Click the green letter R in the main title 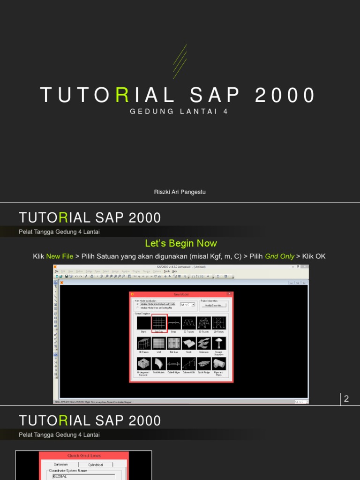pyautogui.click(x=122, y=95)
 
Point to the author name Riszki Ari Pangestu pyautogui.click(x=180, y=192)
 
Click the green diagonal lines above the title pyautogui.click(x=180, y=61)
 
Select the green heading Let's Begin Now pyautogui.click(x=181, y=243)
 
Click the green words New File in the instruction pyautogui.click(x=60, y=256)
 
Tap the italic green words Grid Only pyautogui.click(x=279, y=256)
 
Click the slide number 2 pyautogui.click(x=346, y=399)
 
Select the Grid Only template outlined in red pyautogui.click(x=159, y=323)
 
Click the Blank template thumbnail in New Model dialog pyautogui.click(x=143, y=323)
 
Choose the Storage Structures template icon pyautogui.click(x=219, y=344)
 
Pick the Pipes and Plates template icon pyautogui.click(x=219, y=364)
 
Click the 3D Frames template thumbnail pyautogui.click(x=143, y=344)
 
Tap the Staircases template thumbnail pyautogui.click(x=204, y=344)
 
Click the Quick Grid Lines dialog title pyautogui.click(x=84, y=455)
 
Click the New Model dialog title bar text pyautogui.click(x=180, y=294)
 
